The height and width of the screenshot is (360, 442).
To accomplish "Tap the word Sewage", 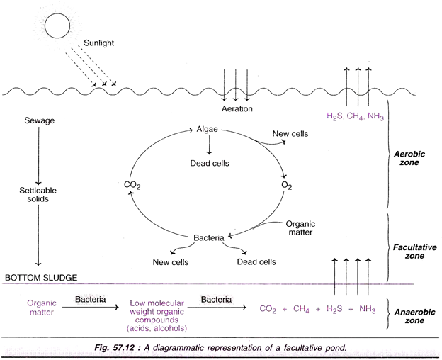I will [x=38, y=121].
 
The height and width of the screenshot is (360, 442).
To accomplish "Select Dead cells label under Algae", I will [x=209, y=162].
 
